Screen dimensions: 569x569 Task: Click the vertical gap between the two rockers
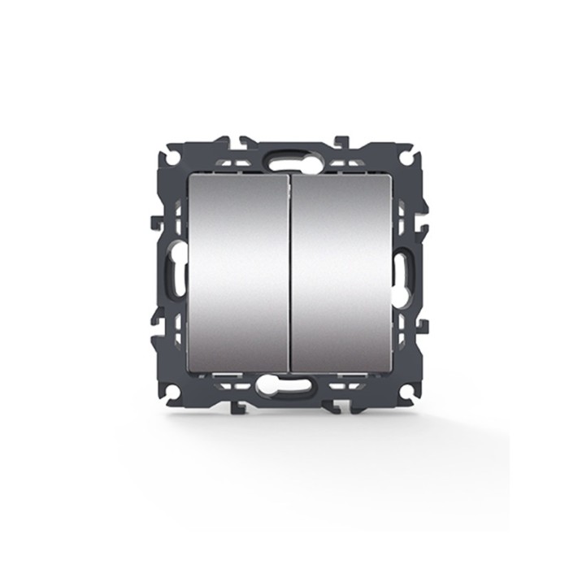[x=289, y=272]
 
